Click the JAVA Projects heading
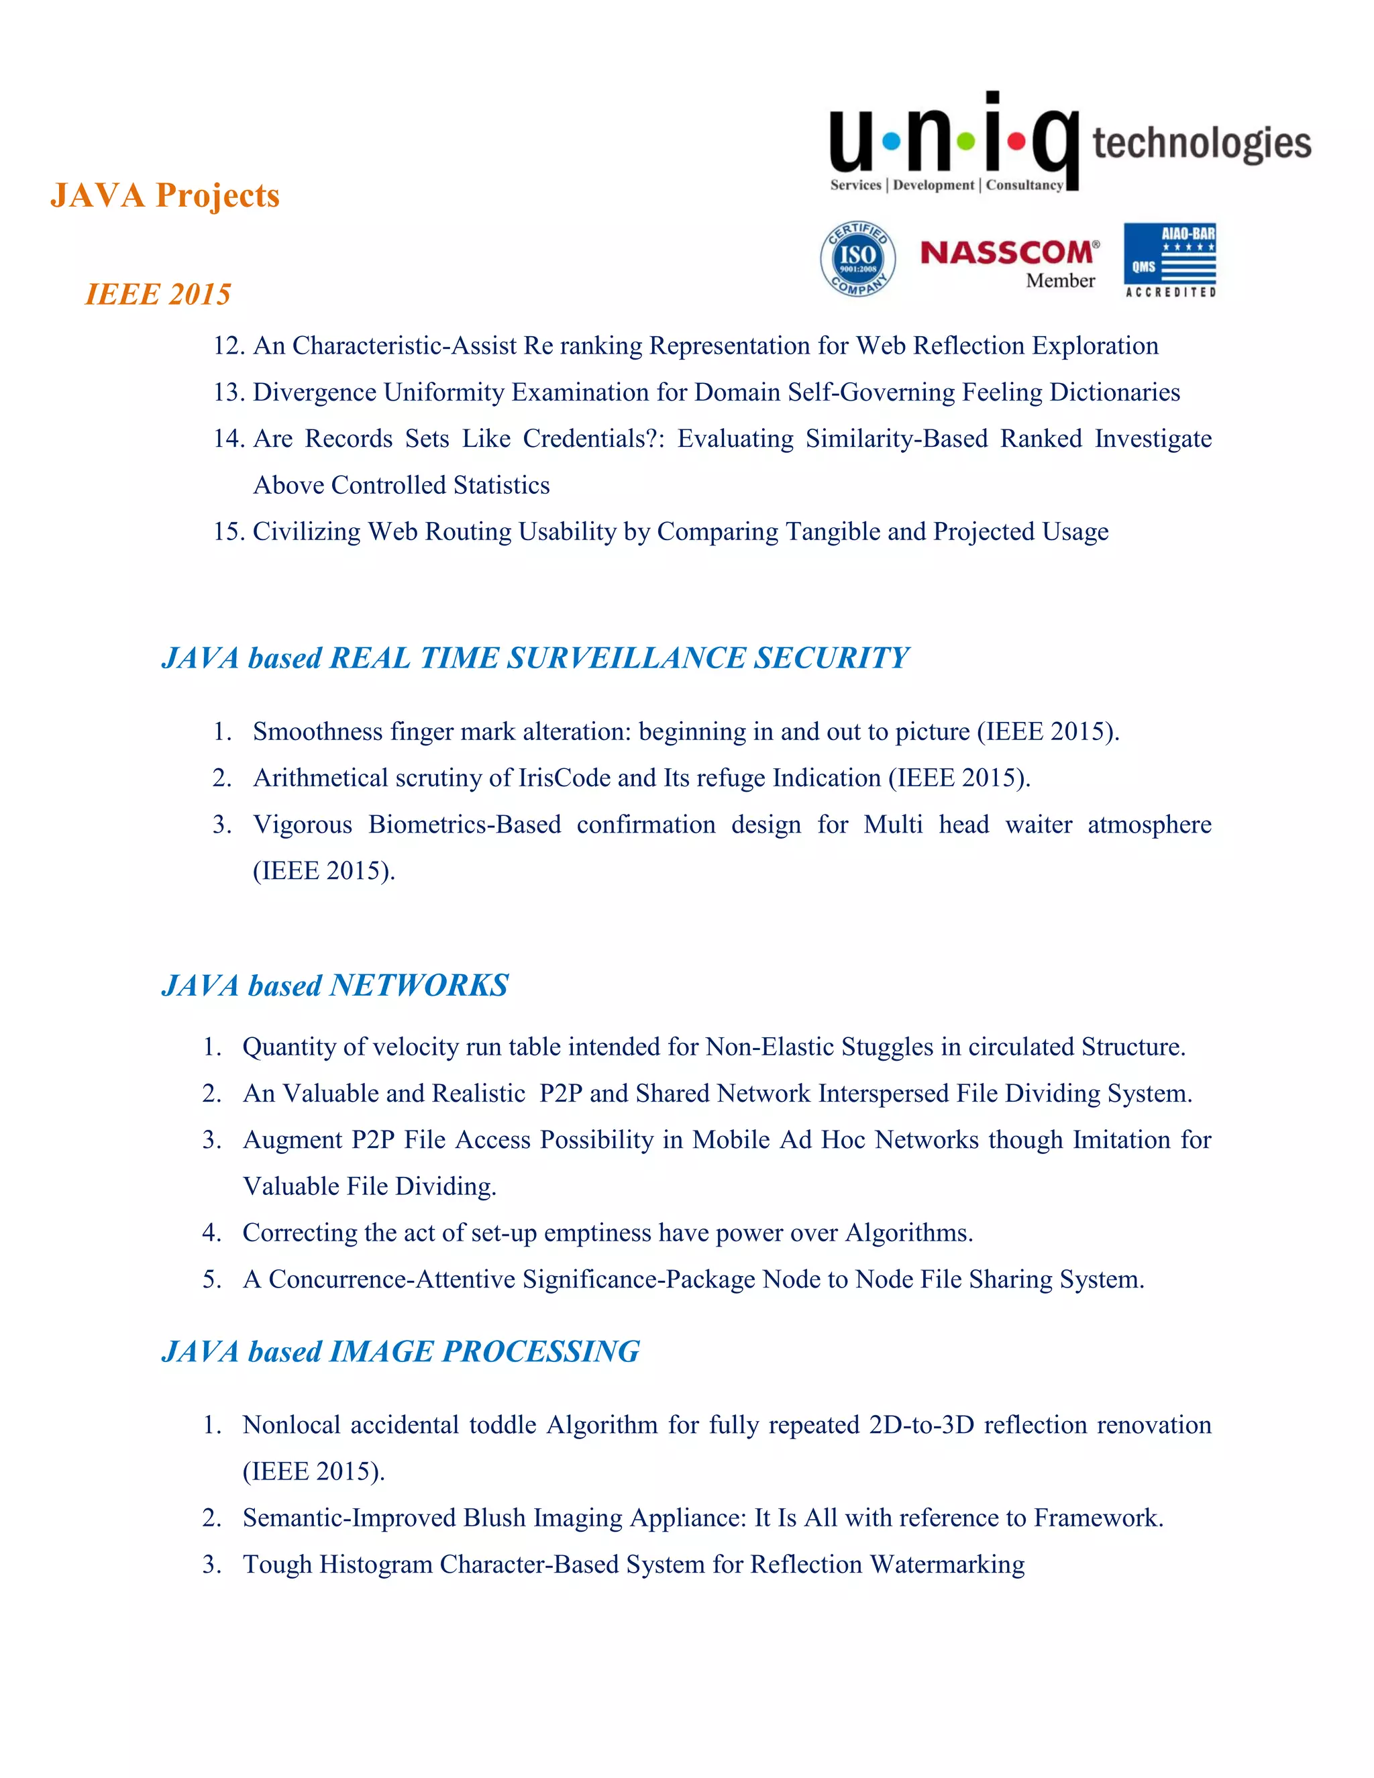164,195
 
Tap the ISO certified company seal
858,259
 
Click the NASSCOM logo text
1008,252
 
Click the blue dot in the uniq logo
892,142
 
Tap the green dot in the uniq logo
965,142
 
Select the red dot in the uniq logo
1016,142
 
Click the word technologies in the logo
1201,144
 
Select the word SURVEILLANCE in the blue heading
625,658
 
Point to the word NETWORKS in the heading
419,986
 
